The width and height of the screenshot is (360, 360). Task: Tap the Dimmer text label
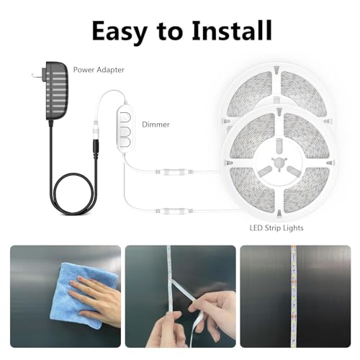[x=156, y=125]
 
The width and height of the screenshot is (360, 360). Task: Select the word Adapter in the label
[x=109, y=70]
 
